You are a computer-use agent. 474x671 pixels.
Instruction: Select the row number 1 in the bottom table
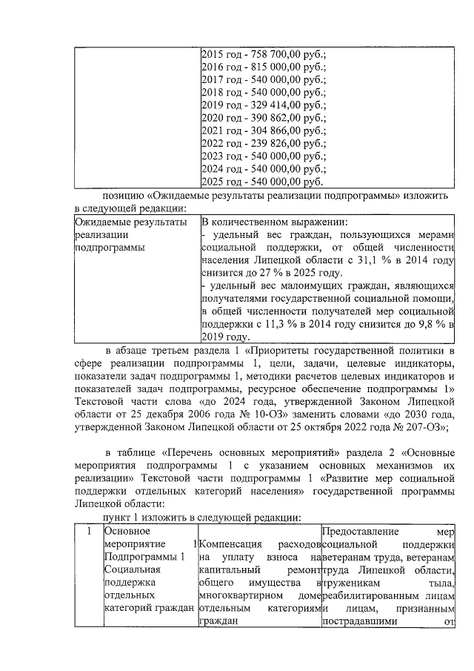87,532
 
